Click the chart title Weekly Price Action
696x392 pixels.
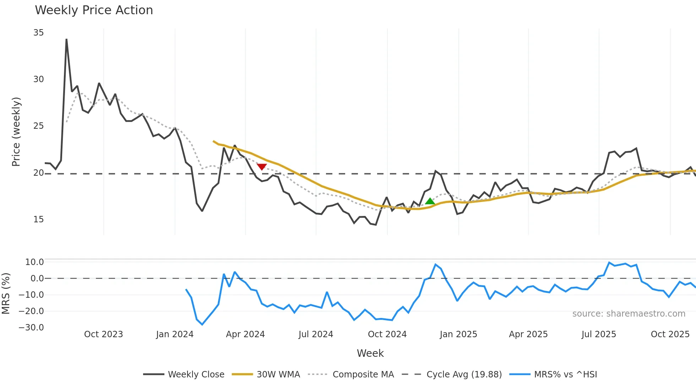click(x=94, y=10)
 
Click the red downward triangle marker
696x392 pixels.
click(x=262, y=167)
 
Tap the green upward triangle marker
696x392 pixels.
click(x=430, y=201)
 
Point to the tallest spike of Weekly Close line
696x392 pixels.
click(x=66, y=39)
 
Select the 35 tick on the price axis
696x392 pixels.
click(x=38, y=33)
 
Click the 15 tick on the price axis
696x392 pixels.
click(x=38, y=219)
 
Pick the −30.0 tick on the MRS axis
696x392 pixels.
click(x=31, y=328)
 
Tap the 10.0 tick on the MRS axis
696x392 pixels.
click(x=34, y=262)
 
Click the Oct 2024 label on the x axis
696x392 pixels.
click(x=387, y=334)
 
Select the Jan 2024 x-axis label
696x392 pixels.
click(x=175, y=334)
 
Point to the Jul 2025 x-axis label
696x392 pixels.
click(x=599, y=334)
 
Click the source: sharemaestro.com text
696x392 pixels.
click(x=629, y=314)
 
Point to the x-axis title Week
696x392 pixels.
click(x=370, y=353)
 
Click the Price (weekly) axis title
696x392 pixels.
click(x=16, y=132)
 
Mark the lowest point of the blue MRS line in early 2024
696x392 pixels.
click(x=202, y=324)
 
